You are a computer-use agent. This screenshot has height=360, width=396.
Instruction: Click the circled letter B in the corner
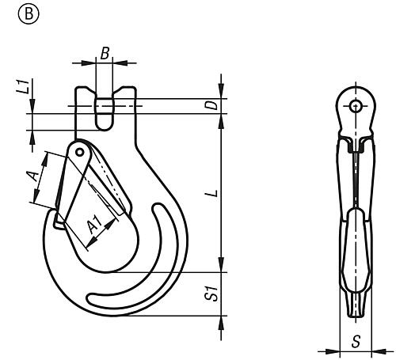pyautogui.click(x=29, y=14)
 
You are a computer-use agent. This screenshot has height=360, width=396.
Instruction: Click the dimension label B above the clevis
pyautogui.click(x=105, y=54)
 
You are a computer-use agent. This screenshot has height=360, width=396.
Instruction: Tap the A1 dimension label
pyautogui.click(x=94, y=225)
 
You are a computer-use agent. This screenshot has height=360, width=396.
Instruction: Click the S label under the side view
pyautogui.click(x=356, y=342)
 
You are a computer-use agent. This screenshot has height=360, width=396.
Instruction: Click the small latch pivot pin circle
pyautogui.click(x=79, y=152)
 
